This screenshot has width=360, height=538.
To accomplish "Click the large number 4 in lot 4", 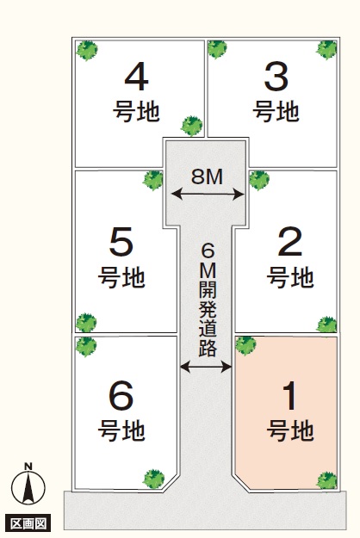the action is (x=136, y=77).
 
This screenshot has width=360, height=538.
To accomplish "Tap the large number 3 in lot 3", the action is (x=276, y=77).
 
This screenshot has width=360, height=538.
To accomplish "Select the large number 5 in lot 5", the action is (x=121, y=242).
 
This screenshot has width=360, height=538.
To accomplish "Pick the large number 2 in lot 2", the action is (x=290, y=242).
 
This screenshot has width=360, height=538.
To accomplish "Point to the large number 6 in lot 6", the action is (x=121, y=396).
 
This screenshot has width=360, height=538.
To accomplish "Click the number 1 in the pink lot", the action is (x=290, y=396).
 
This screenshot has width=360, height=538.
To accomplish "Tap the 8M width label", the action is (x=207, y=176).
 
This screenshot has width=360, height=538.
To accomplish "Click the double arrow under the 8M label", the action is (x=208, y=195).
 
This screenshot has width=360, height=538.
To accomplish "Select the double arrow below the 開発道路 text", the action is (x=206, y=367).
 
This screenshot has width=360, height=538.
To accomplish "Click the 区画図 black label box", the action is (x=28, y=523).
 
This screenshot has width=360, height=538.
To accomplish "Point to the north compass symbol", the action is (x=28, y=487).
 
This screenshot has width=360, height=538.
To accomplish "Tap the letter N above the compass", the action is (x=28, y=467).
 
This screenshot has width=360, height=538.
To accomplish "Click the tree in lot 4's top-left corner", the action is (x=87, y=50).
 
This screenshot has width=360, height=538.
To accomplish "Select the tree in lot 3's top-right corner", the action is (x=326, y=50).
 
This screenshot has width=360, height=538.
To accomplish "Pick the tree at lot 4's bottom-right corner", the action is (x=191, y=126).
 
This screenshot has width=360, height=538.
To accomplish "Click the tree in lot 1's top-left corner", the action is (x=245, y=345).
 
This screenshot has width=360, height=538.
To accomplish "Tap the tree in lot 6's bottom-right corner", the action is (x=154, y=479).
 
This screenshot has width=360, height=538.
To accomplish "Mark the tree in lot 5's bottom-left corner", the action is (x=86, y=323).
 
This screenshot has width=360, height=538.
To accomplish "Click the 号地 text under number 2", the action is (x=290, y=277).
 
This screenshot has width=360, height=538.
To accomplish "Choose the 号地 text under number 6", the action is (x=121, y=430).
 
